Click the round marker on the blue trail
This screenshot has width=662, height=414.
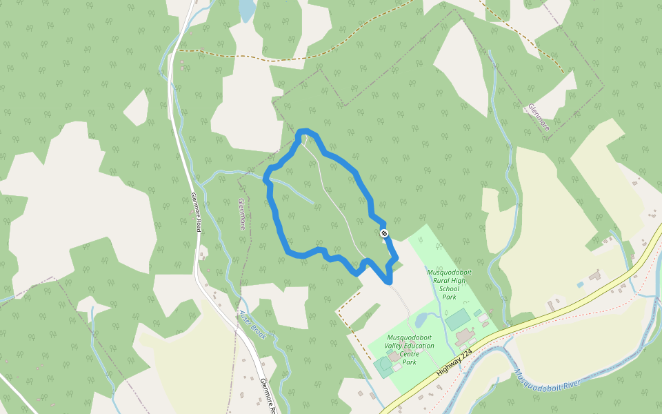[384, 233]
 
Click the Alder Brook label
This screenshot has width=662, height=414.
[252, 323]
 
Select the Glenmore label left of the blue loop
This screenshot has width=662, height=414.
[242, 213]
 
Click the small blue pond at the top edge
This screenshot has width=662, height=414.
[246, 9]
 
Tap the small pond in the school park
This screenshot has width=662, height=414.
[422, 320]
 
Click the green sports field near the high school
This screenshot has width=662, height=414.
[457, 319]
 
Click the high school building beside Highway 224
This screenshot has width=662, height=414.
[465, 337]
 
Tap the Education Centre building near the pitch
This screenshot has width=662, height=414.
[394, 356]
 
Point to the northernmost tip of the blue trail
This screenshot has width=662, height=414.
[305, 131]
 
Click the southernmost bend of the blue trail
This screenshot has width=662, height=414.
[388, 282]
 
